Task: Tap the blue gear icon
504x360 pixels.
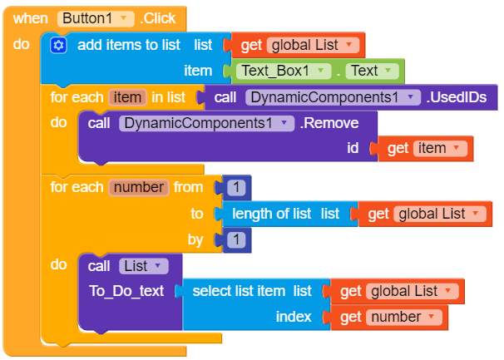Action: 58,45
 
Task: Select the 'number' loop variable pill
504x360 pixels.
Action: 139,187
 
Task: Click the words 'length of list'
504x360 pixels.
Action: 272,214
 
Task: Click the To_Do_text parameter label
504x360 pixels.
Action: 126,291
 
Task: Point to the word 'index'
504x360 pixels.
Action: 294,317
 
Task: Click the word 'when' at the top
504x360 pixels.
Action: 31,17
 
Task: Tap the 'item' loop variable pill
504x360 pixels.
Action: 127,97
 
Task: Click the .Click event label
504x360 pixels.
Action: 160,17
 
